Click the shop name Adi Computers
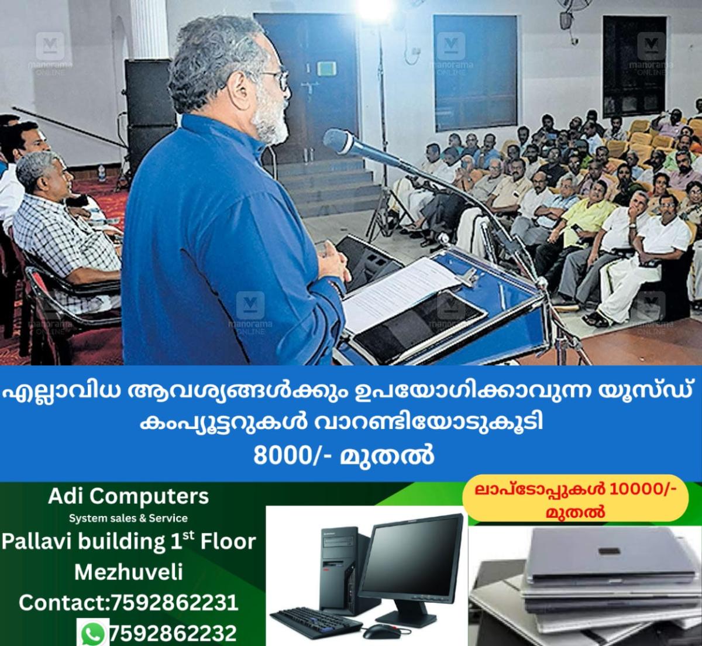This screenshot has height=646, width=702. click(128, 496)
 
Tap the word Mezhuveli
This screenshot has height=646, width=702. click(129, 571)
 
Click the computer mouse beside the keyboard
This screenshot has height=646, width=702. click(375, 633)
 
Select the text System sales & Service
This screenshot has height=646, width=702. click(128, 518)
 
